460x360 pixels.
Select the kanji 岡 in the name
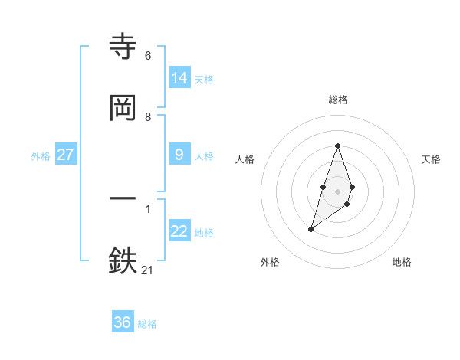pyautogui.click(x=123, y=108)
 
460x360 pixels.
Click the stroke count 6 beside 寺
pyautogui.click(x=147, y=56)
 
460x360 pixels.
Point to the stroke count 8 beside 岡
pyautogui.click(x=147, y=116)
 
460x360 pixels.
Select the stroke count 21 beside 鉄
pyautogui.click(x=147, y=269)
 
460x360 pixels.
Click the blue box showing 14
pyautogui.click(x=179, y=77)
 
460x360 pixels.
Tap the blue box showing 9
pyautogui.click(x=179, y=155)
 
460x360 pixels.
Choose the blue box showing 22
pyautogui.click(x=179, y=231)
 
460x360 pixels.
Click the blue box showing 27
pyautogui.click(x=65, y=155)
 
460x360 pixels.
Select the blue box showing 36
pyautogui.click(x=123, y=322)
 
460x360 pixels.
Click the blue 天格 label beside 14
pyautogui.click(x=204, y=79)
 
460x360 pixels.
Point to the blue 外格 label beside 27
pyautogui.click(x=41, y=156)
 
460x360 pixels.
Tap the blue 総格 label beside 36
pyautogui.click(x=147, y=324)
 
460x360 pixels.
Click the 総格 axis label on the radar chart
pyautogui.click(x=337, y=100)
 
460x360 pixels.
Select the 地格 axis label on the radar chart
pyautogui.click(x=402, y=262)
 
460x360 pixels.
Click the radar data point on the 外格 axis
pyautogui.click(x=310, y=228)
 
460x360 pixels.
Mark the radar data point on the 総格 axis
pyautogui.click(x=337, y=146)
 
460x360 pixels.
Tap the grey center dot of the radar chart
pyautogui.click(x=337, y=190)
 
